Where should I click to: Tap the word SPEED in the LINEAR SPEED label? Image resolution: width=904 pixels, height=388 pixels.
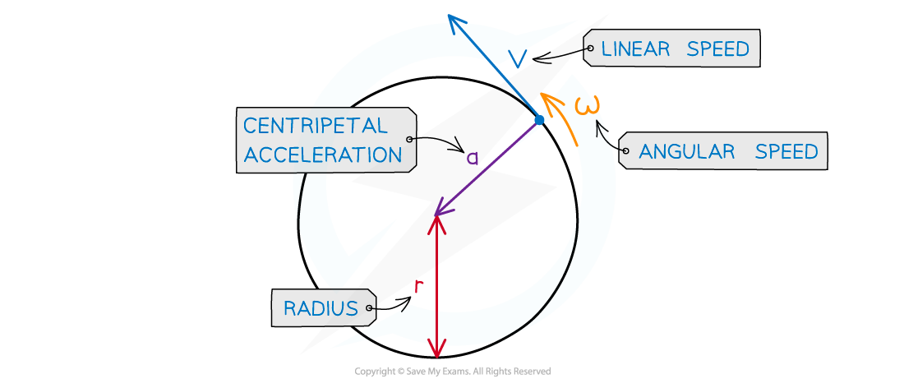(718, 49)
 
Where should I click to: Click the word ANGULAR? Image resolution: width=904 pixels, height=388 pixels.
(686, 152)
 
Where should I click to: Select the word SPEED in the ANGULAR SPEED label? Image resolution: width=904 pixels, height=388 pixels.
(786, 152)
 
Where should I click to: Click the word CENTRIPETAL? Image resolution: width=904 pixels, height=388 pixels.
(315, 126)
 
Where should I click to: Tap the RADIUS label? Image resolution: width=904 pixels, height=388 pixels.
(321, 309)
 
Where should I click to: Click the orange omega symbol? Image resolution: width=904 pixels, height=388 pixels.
(588, 107)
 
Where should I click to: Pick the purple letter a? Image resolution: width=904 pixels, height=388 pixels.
(472, 158)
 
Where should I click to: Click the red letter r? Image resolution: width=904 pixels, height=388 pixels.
(418, 285)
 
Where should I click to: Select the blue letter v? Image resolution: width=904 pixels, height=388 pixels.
(518, 58)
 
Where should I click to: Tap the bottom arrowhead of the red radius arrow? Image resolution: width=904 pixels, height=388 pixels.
(437, 351)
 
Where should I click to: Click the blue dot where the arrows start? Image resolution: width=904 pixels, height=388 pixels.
(539, 121)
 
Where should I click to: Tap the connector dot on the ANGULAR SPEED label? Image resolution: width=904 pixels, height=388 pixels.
(625, 151)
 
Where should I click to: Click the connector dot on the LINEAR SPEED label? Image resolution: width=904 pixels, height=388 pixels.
(589, 49)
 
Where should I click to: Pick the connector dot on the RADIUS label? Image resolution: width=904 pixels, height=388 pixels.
(371, 309)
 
